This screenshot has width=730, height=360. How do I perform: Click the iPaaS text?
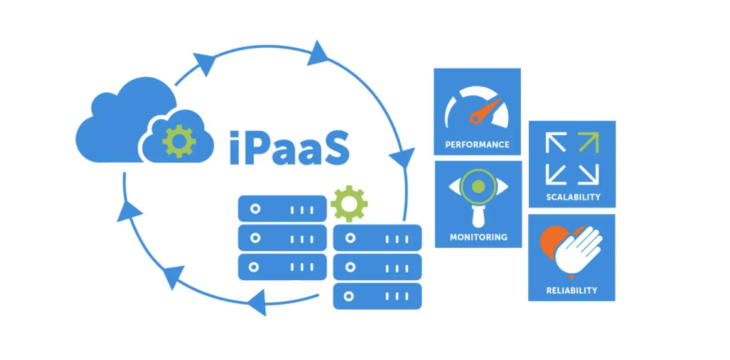[288, 146]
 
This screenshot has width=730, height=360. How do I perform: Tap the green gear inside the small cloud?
[179, 140]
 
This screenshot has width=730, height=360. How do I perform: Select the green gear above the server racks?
[349, 204]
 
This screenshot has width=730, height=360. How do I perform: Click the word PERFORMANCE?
[477, 145]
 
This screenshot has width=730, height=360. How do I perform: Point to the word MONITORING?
[479, 237]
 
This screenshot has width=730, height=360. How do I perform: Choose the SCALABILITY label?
[573, 197]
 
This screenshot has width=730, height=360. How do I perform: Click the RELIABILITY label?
[572, 290]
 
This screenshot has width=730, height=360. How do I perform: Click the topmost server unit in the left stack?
[282, 209]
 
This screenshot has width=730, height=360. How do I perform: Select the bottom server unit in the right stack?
[377, 296]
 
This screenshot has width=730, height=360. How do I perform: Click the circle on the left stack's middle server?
[254, 238]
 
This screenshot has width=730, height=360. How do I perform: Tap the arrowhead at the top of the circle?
[318, 52]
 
